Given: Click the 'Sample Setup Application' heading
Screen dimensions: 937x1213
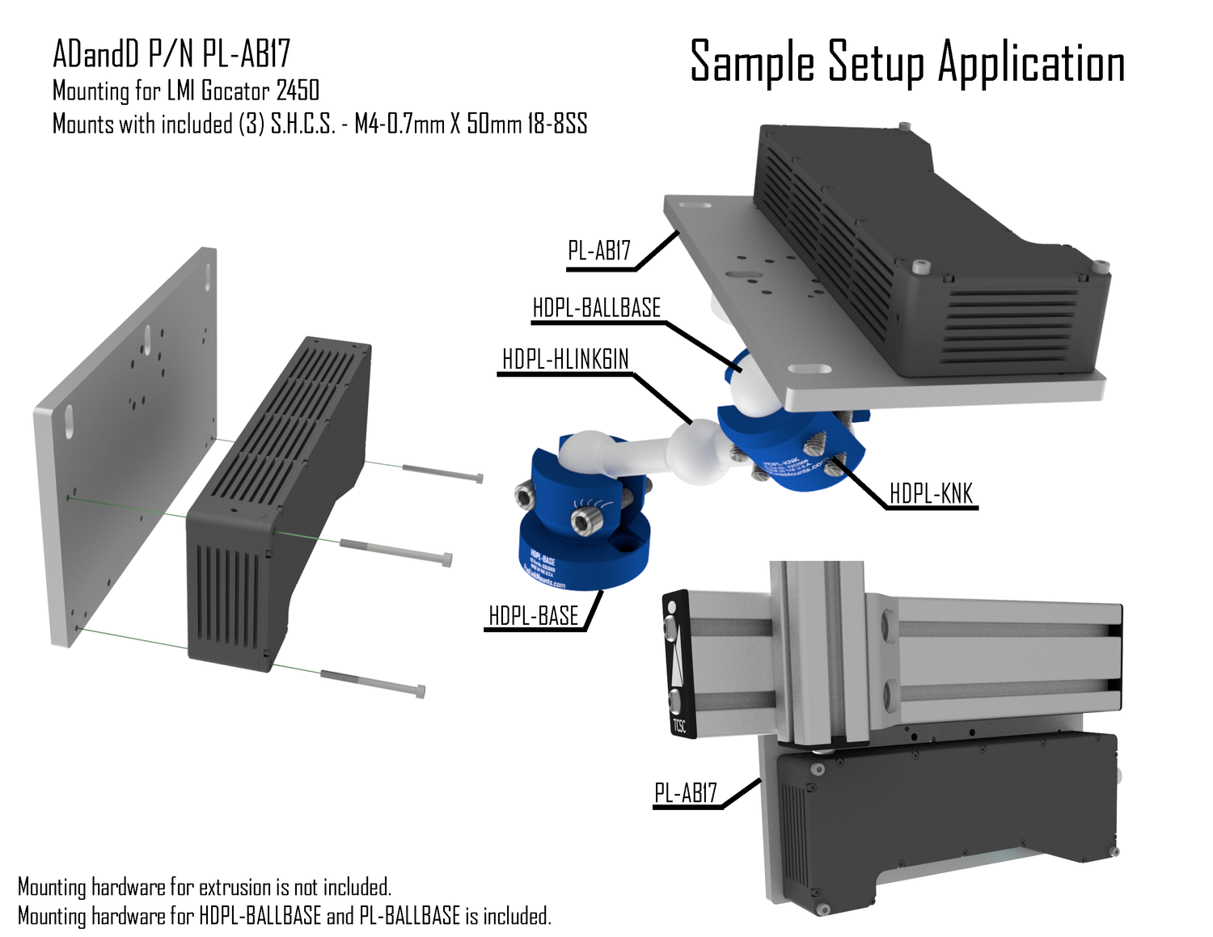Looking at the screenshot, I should (x=907, y=62).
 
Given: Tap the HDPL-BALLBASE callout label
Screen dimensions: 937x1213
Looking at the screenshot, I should (x=596, y=308).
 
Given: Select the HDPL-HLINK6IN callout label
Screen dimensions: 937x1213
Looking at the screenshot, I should (x=565, y=359).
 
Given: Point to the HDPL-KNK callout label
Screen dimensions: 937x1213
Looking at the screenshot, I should (x=931, y=493).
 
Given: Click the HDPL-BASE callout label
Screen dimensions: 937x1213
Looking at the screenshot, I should (x=534, y=616).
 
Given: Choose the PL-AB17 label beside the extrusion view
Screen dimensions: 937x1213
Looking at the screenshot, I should (x=686, y=793).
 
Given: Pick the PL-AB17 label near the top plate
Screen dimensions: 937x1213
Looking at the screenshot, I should (x=598, y=251).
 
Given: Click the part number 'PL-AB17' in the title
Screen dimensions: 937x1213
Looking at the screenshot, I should (x=246, y=54).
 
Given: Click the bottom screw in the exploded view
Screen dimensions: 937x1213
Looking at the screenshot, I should (x=373, y=682).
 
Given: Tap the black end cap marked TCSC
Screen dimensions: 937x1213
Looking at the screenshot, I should (x=678, y=664).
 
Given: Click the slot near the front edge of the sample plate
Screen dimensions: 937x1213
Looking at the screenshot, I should (x=809, y=369).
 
